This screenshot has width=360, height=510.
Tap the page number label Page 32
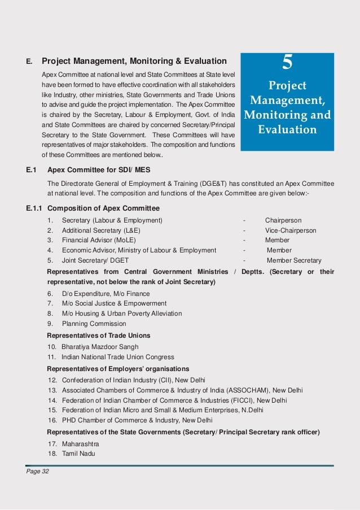click(38, 472)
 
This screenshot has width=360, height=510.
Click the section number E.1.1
click(34, 208)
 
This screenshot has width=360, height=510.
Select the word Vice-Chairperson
click(291, 230)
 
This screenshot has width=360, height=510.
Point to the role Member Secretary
click(294, 260)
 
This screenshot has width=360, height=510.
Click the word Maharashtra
click(80, 443)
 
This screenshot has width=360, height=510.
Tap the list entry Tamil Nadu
click(78, 454)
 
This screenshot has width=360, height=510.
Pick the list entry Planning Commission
click(94, 324)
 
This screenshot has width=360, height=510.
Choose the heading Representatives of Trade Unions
click(98, 335)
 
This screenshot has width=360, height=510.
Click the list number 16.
click(52, 420)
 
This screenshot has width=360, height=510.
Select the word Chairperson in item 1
click(283, 220)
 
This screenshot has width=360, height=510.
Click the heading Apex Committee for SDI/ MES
click(99, 169)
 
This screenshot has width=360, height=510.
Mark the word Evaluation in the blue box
click(287, 130)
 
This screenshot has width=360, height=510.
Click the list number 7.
click(50, 303)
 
